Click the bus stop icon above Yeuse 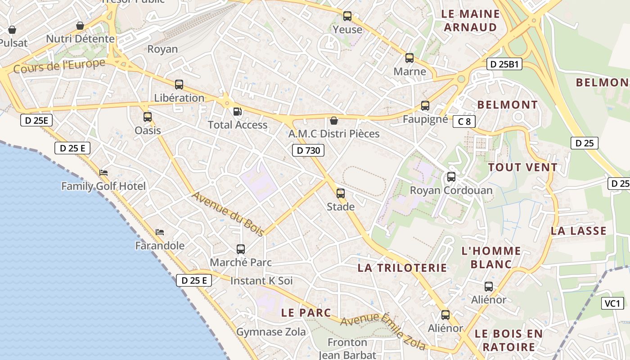[x=347, y=16]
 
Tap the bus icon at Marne [x=409, y=58]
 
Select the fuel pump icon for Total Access [x=237, y=111]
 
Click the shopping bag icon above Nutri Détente [x=80, y=26]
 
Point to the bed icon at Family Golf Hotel [x=103, y=173]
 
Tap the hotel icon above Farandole [x=160, y=232]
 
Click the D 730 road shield [x=308, y=150]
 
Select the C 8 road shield [x=464, y=121]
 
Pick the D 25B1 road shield [x=504, y=64]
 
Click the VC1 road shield [x=612, y=303]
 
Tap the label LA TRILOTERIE [x=402, y=268]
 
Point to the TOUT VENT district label [x=523, y=167]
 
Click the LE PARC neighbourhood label [x=306, y=312]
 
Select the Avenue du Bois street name [x=228, y=213]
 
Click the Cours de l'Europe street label [x=59, y=66]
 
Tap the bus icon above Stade [x=341, y=193]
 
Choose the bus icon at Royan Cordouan [x=451, y=177]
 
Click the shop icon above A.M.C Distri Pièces [x=334, y=121]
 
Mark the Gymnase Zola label [x=271, y=332]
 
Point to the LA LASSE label [x=579, y=231]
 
